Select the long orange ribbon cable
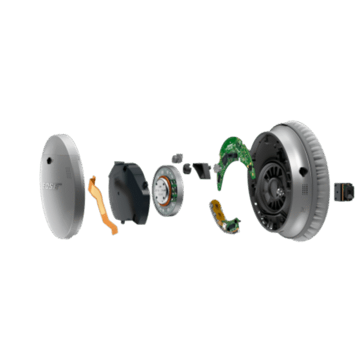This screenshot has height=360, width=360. click(103, 203)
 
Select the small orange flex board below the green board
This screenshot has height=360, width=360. click(222, 216)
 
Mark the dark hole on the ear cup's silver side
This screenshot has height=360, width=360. click(301, 171)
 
